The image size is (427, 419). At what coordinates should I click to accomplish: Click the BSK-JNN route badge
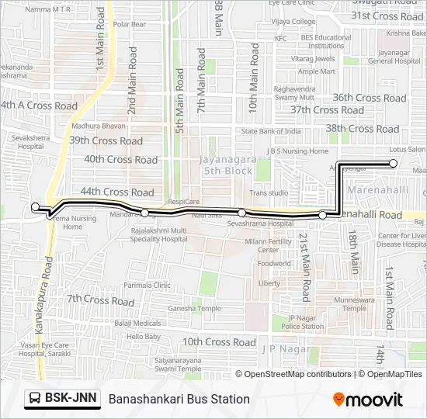62,398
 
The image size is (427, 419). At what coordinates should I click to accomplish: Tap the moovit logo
368,400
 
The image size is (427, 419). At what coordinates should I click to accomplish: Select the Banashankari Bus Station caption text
179,399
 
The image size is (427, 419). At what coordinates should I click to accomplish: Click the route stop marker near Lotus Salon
394,163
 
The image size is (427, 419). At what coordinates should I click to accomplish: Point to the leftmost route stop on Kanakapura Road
35,207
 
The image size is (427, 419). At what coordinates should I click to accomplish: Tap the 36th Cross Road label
370,99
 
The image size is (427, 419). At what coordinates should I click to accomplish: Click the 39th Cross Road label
106,141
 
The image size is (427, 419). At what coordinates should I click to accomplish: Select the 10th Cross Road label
219,342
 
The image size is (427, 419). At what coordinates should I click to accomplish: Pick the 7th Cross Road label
100,300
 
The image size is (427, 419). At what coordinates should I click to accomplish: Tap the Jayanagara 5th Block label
227,164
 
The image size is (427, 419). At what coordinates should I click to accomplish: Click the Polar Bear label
129,24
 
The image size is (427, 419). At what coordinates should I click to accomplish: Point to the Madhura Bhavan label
98,125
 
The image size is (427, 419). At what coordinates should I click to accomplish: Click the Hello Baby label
143,337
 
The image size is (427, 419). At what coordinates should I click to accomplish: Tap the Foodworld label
274,264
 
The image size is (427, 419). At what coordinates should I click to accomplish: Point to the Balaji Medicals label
137,323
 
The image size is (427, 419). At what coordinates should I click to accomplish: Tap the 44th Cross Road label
116,192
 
